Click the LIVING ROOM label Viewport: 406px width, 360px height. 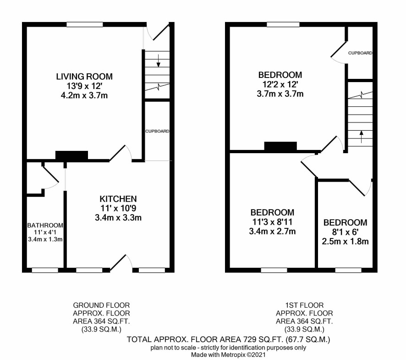[x=84, y=77]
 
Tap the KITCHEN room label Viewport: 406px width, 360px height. [x=118, y=199]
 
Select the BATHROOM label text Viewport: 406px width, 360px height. [x=45, y=226]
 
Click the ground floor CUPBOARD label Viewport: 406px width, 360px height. [x=157, y=132]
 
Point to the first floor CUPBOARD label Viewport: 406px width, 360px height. [x=360, y=53]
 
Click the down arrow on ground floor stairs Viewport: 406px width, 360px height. [x=159, y=61]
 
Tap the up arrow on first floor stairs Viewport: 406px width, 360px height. [x=361, y=137]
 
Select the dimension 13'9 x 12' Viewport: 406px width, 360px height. [x=84, y=86]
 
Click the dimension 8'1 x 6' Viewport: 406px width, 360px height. [x=345, y=232]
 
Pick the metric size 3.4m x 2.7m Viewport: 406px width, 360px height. [x=272, y=231]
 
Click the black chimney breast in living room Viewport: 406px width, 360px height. [x=72, y=155]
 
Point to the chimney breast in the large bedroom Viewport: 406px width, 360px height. [x=280, y=146]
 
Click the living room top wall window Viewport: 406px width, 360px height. [x=85, y=25]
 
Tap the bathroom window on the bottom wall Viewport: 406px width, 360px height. [x=45, y=270]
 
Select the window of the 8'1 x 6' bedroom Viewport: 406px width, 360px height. [x=348, y=270]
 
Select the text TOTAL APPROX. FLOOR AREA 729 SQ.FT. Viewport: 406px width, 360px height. [x=205, y=339]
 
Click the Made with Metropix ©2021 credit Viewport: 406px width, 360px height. [x=228, y=354]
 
